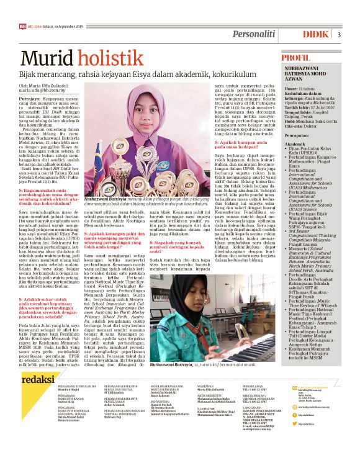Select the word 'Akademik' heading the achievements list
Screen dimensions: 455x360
pyautogui.click(x=295, y=144)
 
